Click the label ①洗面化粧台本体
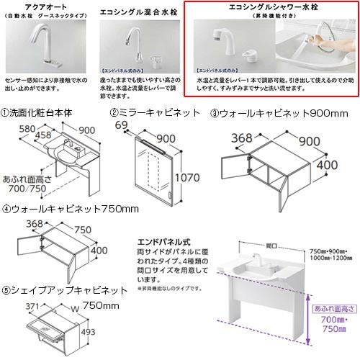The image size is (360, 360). [x=39, y=113]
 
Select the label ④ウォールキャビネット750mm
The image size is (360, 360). [x=70, y=210]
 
